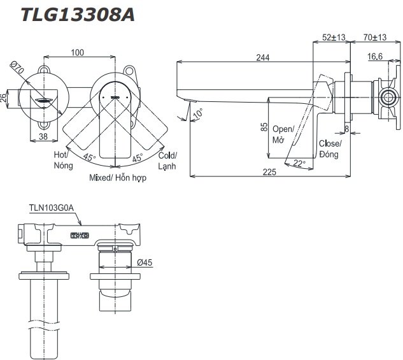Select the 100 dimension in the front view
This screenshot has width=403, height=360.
pyautogui.click(x=78, y=52)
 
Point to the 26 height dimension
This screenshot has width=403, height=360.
pyautogui.click(x=5, y=97)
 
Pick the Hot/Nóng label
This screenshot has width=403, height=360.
pyautogui.click(x=62, y=160)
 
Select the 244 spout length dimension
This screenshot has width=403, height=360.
pyautogui.click(x=262, y=57)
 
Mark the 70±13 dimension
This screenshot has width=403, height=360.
pyautogui.click(x=375, y=38)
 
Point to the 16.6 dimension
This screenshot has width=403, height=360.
pyautogui.click(x=376, y=57)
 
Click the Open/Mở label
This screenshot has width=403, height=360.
pyautogui.click(x=283, y=134)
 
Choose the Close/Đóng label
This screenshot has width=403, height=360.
pyautogui.click(x=330, y=149)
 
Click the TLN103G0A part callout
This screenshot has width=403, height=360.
pyautogui.click(x=52, y=207)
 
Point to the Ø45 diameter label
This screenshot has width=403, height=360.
pyautogui.click(x=143, y=262)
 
